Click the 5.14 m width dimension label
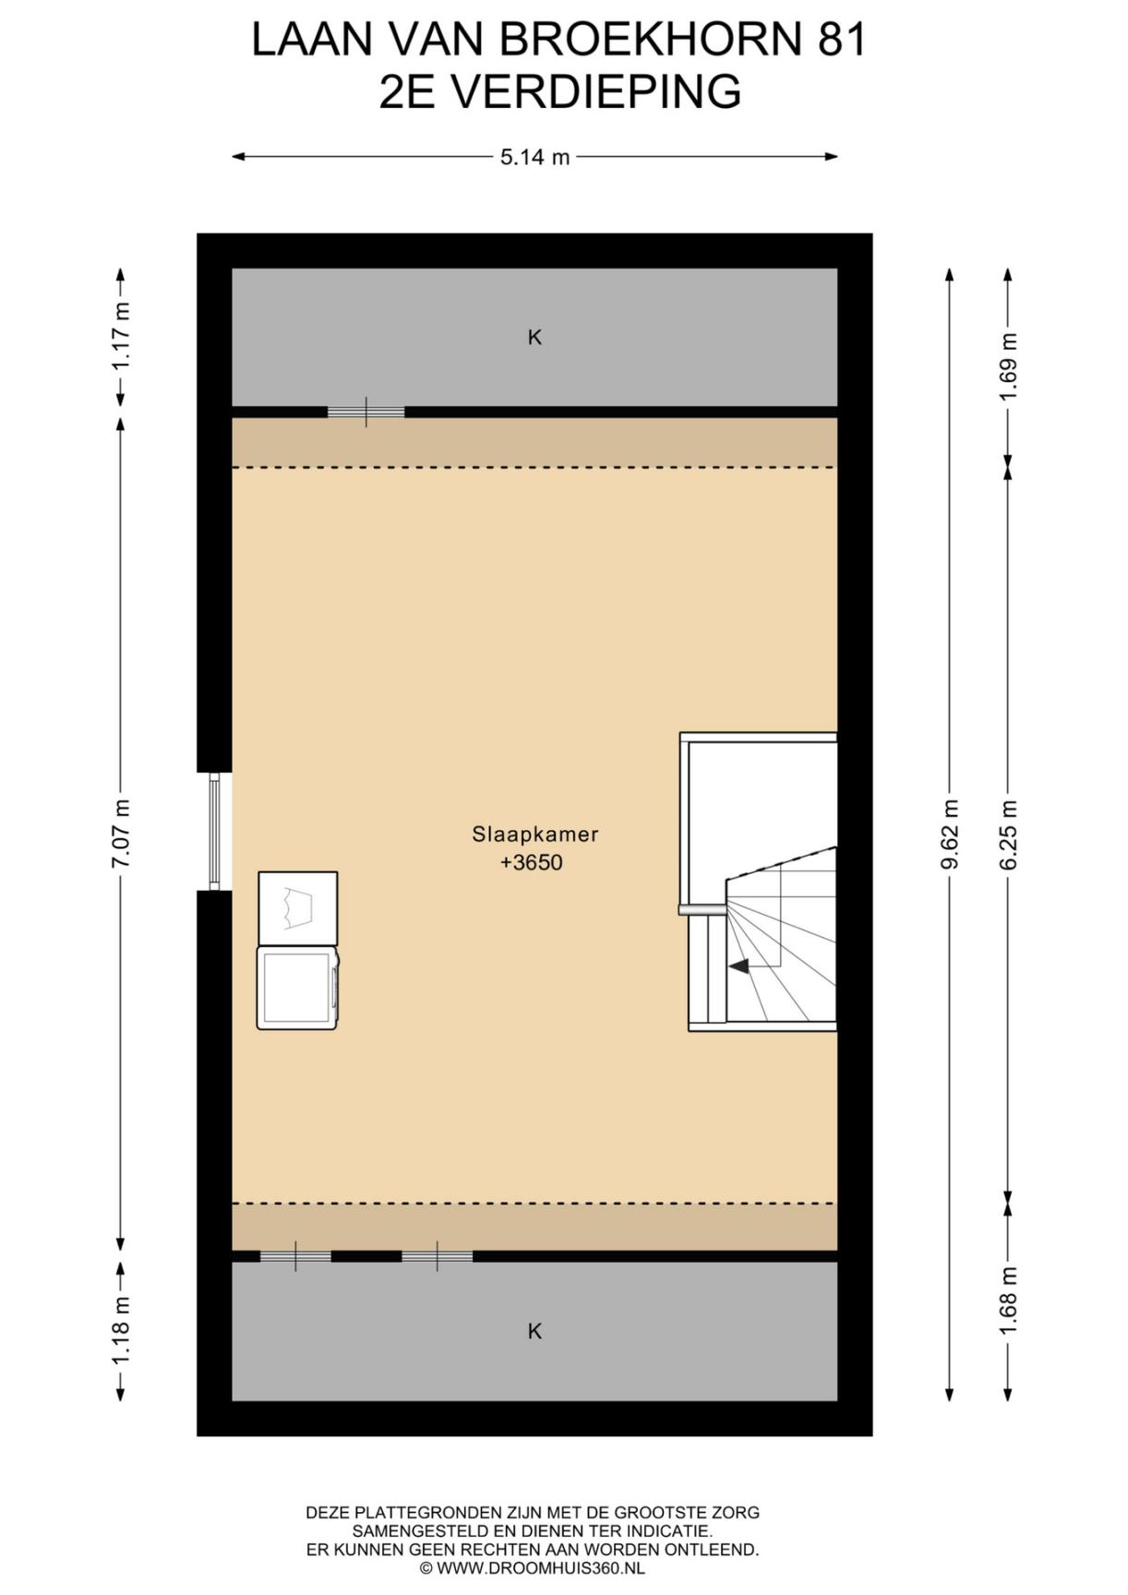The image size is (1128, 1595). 534,157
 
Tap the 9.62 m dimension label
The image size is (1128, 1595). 950,834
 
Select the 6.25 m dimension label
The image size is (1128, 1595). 1008,834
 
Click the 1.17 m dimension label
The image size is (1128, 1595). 121,337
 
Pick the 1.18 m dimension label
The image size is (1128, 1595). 121,1330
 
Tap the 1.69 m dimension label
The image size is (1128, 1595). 1008,366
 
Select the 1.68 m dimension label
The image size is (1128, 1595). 1008,1300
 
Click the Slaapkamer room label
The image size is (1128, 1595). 535,834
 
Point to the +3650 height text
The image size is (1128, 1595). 532,863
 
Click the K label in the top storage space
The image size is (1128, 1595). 534,338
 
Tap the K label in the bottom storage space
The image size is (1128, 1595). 534,1331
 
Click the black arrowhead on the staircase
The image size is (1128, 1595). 738,966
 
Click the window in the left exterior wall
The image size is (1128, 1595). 214,832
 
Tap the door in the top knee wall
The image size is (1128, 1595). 366,412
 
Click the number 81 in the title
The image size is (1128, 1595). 842,41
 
